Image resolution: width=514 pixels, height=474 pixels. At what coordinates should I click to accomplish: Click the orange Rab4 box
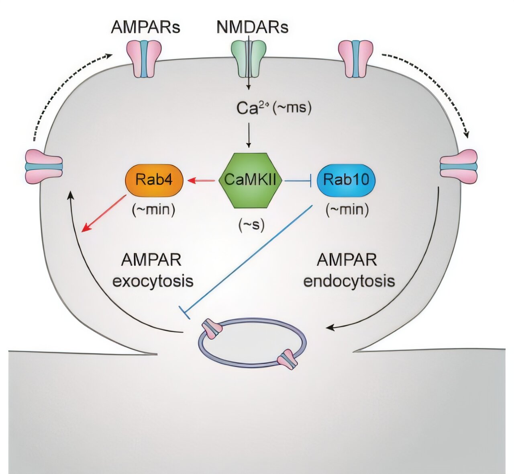click(x=154, y=180)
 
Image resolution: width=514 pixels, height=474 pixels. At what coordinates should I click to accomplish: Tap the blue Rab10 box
click(x=346, y=180)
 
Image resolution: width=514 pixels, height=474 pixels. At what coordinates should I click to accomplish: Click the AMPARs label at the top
click(x=145, y=27)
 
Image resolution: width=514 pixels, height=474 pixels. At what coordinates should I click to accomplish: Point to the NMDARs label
click(x=252, y=27)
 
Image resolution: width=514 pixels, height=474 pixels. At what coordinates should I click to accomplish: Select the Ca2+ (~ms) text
click(x=273, y=109)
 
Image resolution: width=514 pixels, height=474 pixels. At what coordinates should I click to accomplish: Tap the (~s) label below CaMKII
click(x=251, y=226)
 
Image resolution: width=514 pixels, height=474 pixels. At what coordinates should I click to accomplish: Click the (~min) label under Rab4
click(x=153, y=209)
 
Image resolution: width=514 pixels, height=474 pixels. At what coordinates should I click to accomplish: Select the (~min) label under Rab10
click(x=347, y=209)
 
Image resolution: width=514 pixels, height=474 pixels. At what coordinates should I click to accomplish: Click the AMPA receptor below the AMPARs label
click(x=144, y=58)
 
